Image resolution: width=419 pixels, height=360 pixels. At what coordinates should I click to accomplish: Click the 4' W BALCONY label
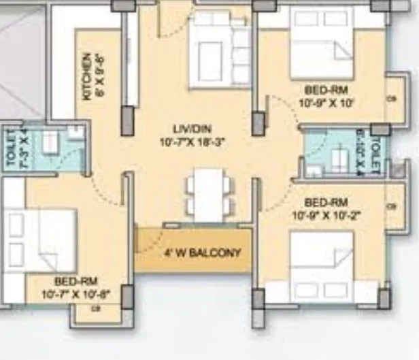click(x=202, y=253)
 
